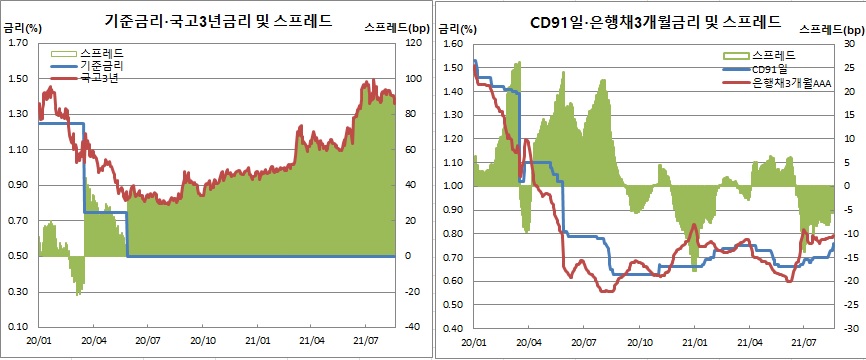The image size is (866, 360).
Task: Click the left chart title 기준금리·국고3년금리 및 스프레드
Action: pyautogui.click(x=219, y=19)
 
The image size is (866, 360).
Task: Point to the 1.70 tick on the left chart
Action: pyautogui.click(x=17, y=44)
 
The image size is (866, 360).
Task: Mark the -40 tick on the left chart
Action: pyautogui.click(x=410, y=327)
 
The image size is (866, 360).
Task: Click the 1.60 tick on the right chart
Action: pyautogui.click(x=453, y=44)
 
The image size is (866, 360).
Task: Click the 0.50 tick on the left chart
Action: pyautogui.click(x=17, y=256)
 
